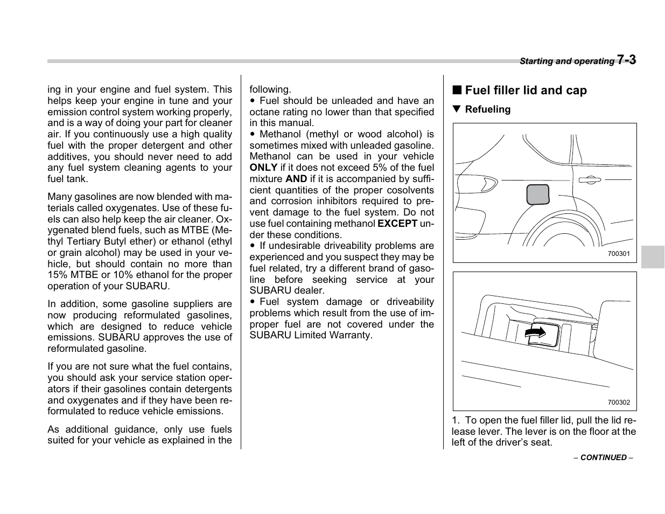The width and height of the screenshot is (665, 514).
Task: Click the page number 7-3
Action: pyautogui.click(x=626, y=60)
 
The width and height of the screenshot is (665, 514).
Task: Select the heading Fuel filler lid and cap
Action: pyautogui.click(x=526, y=91)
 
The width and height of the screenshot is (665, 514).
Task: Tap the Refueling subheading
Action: pyautogui.click(x=487, y=109)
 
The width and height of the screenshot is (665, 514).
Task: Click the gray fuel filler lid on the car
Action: pyautogui.click(x=537, y=194)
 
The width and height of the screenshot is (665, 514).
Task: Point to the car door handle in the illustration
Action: pyautogui.click(x=590, y=180)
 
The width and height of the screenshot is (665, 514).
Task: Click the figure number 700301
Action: pyautogui.click(x=618, y=254)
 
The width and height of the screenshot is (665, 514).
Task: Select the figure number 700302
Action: pyautogui.click(x=618, y=402)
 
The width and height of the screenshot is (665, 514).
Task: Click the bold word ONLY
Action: pyautogui.click(x=263, y=168)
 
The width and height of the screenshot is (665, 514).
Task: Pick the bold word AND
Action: pyautogui.click(x=296, y=179)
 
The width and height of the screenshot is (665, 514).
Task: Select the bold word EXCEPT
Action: pyautogui.click(x=397, y=224)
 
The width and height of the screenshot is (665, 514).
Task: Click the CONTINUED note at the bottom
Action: pyautogui.click(x=603, y=457)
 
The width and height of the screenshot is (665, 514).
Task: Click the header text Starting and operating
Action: pyautogui.click(x=566, y=61)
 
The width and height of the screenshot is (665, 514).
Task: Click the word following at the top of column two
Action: pyautogui.click(x=270, y=89)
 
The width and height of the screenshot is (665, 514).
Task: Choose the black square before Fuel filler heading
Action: pyautogui.click(x=456, y=91)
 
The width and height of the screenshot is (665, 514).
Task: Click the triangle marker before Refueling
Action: pyautogui.click(x=457, y=109)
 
